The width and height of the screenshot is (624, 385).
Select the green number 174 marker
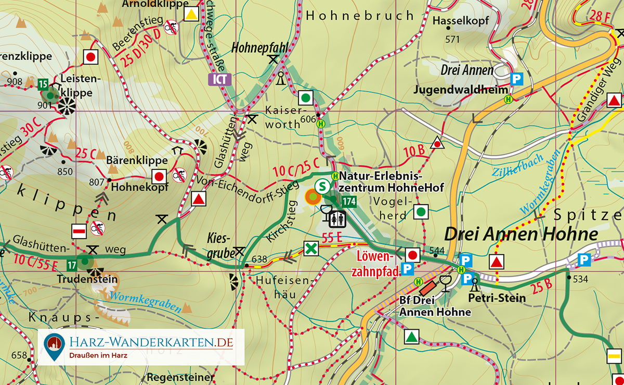(x=349, y=202)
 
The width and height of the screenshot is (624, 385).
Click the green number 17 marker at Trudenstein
(x=72, y=265)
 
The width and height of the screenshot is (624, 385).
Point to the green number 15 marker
(x=43, y=84)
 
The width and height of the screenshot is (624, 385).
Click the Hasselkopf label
(x=461, y=21)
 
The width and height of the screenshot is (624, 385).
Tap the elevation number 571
(x=453, y=39)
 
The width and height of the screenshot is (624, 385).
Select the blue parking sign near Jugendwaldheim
(x=516, y=79)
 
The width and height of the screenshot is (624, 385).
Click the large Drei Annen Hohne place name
(x=521, y=234)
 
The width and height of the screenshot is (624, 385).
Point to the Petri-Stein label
(x=497, y=298)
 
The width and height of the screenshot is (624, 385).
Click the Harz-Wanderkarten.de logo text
(x=151, y=342)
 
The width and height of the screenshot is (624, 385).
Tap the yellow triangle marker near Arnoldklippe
(x=192, y=14)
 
